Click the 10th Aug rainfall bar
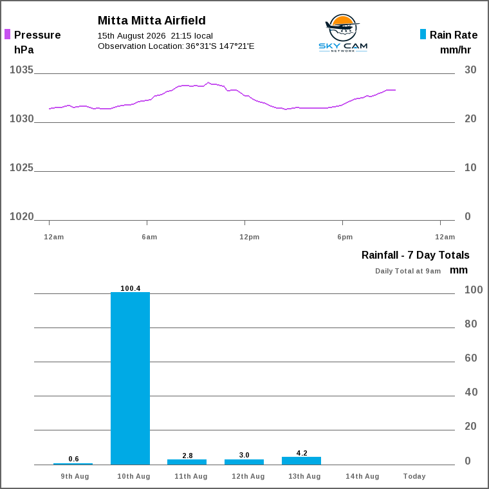pos(131,378)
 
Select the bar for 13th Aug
pos(302,461)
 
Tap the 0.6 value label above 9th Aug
pos(73,459)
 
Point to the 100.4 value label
pos(131,288)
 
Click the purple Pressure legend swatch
pos(7,34)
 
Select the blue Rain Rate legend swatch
pos(423,34)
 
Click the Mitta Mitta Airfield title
pos(152,21)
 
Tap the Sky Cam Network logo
pos(343,33)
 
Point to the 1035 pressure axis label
pos(21,70)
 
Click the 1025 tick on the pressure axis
pos(21,168)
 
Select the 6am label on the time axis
pos(149,237)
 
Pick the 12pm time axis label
pos(249,237)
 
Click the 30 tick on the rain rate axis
pos(470,70)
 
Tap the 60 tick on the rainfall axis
pos(470,358)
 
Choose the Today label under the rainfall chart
pos(414,476)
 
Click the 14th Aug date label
pos(362,476)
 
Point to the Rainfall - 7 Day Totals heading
pos(416,255)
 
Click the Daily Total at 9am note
pos(408,271)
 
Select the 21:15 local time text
pos(192,36)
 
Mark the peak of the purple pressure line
pos(208,82)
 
